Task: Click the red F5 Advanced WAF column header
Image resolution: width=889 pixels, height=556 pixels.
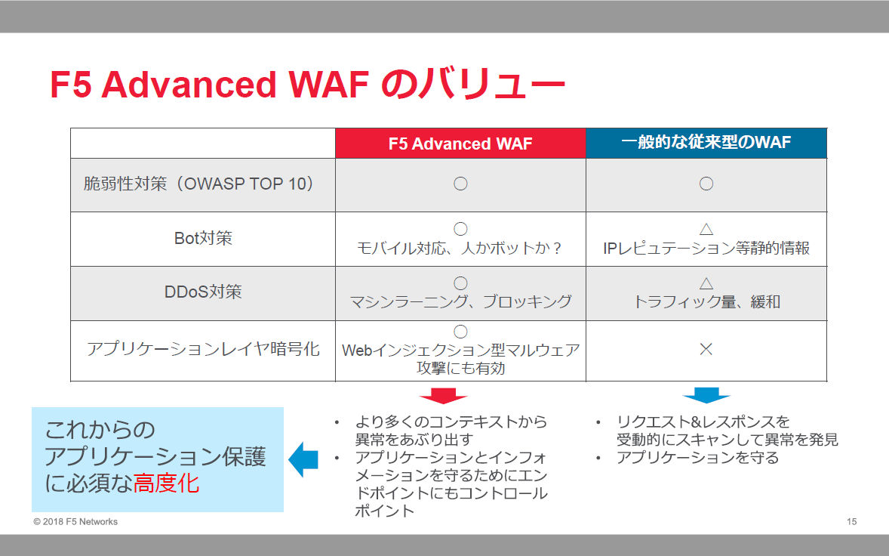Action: pos(460,144)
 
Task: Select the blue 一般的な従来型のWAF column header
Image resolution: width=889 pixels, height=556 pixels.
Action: pos(706,143)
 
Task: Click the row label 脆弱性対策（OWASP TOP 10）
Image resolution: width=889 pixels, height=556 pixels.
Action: pos(199,184)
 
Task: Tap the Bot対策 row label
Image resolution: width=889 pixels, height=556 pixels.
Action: pos(203,238)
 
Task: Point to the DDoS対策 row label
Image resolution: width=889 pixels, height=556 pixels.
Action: pos(203,292)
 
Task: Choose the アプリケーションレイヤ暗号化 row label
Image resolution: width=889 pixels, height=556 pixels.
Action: pos(203,349)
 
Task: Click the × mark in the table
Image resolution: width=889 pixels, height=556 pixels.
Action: pos(706,349)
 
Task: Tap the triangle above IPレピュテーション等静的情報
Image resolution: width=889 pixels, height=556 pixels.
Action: pos(706,230)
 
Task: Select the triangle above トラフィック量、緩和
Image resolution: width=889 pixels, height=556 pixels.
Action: pos(706,284)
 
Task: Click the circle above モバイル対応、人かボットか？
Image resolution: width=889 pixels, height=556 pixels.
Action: pos(460,229)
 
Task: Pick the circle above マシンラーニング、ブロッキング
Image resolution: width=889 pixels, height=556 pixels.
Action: pos(460,283)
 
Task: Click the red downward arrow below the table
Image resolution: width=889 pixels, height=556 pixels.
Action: pos(443,396)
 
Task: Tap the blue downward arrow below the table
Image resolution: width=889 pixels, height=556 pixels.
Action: pos(706,395)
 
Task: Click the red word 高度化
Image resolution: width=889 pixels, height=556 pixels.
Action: pos(166,483)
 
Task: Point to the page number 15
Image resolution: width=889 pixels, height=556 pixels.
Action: pos(851,522)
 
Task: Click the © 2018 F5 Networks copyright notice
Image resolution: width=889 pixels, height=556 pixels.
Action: pos(75,522)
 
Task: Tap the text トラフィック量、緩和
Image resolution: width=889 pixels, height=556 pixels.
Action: pos(706,302)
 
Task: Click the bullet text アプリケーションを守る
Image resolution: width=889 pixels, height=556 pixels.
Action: pos(697,457)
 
